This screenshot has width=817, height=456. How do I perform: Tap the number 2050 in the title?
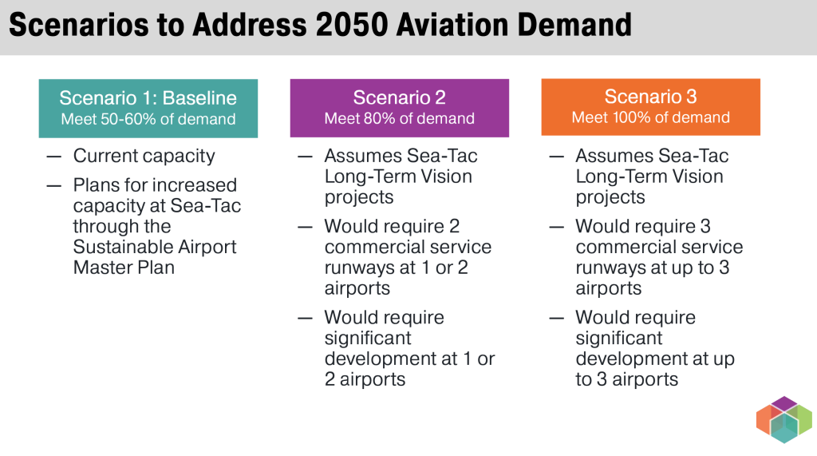pos(351,25)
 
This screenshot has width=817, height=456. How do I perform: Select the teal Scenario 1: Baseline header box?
pos(148,109)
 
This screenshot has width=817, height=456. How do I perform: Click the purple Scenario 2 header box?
pos(400,108)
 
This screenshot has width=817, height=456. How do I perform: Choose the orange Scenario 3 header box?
pos(651,108)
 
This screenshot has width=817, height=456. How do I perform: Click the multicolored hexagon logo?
pos(784,420)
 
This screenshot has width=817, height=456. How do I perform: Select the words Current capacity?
pos(144,156)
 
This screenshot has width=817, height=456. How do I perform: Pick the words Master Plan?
pos(124,267)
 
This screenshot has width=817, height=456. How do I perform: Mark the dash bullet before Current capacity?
pos(53,157)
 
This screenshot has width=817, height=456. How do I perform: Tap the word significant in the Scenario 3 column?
pos(619,338)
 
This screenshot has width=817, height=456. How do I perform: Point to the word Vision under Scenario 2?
pos(447,176)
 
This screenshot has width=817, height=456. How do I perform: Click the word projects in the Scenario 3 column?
pos(610,198)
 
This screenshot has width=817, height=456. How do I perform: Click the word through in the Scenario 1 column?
pos(122,227)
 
